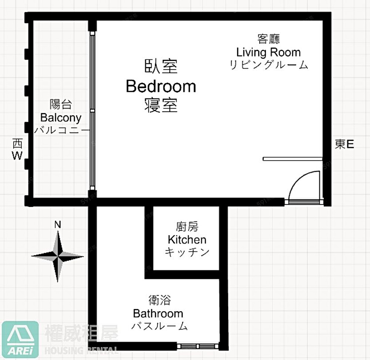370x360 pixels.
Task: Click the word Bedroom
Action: coord(161,86)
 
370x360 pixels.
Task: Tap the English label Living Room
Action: coord(269,52)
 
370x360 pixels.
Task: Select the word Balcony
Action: coord(61,118)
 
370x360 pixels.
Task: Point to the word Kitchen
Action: coord(187,240)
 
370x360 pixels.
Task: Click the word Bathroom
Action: coord(158,313)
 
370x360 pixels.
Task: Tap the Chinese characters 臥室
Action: coord(161,66)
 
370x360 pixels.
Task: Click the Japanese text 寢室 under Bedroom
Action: coord(161,105)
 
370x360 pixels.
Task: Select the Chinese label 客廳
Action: coord(269,39)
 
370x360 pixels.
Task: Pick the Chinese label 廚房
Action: coord(187,227)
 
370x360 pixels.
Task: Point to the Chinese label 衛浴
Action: coord(159,300)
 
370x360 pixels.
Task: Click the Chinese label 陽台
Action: coord(61,105)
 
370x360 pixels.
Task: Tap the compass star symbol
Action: coord(58,256)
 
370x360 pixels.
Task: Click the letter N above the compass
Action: coord(58,225)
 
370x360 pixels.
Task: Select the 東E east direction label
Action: coord(344,144)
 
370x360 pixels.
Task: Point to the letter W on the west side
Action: coord(17,156)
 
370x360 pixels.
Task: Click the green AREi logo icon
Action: coord(20,339)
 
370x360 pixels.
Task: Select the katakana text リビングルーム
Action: coord(269,65)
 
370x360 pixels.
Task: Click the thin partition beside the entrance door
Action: coord(293,159)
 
